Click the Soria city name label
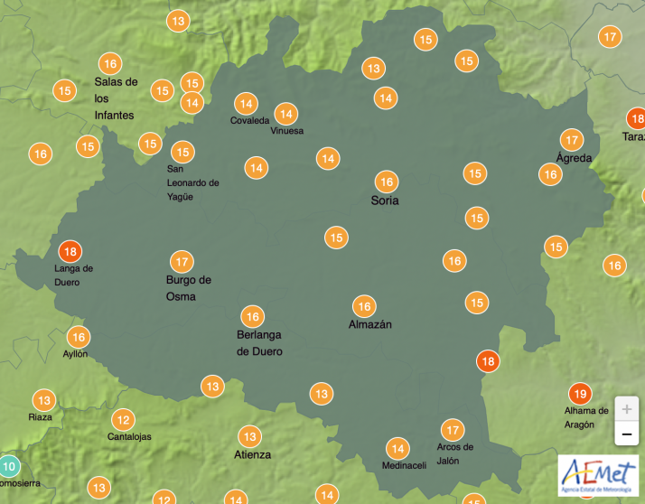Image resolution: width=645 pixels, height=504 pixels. [x=385, y=201]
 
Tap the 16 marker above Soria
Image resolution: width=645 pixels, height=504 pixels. [x=386, y=182]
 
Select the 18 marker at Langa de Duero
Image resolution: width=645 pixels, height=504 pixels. [x=70, y=252]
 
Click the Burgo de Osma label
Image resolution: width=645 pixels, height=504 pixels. [x=188, y=288]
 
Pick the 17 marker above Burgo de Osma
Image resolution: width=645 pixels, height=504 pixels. [x=182, y=262]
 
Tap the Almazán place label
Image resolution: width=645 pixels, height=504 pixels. [x=370, y=324]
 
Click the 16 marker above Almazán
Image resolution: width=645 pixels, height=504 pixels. [x=364, y=306]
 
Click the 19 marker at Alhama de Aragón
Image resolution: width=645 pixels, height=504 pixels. [x=580, y=394]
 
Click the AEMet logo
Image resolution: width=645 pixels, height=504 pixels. [x=598, y=474]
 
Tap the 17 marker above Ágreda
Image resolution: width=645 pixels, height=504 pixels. [x=571, y=140]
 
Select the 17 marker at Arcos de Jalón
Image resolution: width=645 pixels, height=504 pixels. [x=453, y=430]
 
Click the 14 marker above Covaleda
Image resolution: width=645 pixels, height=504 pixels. [x=245, y=104]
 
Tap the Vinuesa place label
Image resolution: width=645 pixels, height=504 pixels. [x=287, y=131]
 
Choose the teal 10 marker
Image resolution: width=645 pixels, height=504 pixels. [x=8, y=467]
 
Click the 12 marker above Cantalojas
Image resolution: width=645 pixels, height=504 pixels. [x=123, y=420]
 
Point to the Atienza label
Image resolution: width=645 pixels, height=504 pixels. [x=252, y=454]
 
